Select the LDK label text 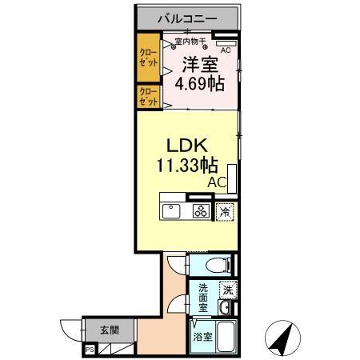(x=188, y=146)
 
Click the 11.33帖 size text (x=187, y=166)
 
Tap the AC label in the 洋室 (x=225, y=50)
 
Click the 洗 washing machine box (x=229, y=291)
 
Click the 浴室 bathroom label (x=202, y=337)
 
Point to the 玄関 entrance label (x=110, y=330)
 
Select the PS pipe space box (x=90, y=349)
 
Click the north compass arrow (x=280, y=339)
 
